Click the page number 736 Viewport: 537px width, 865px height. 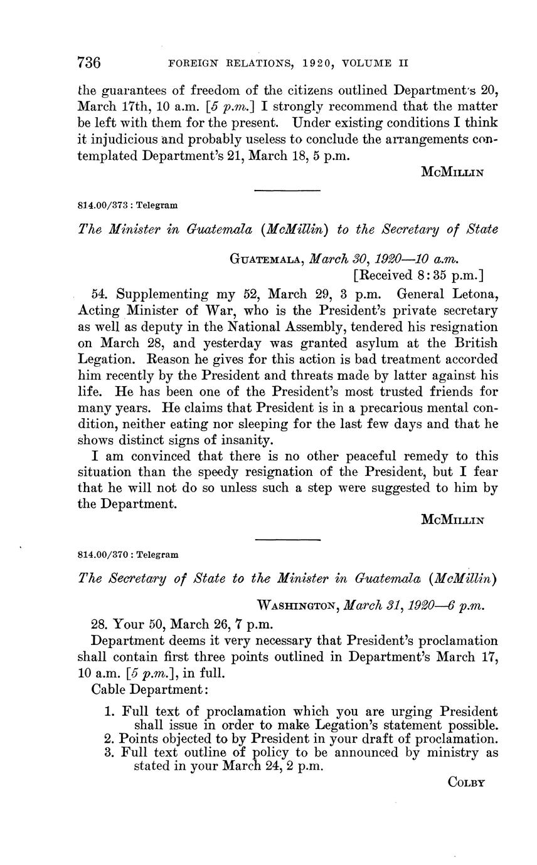point(89,63)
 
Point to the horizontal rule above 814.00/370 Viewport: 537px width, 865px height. point(287,538)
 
